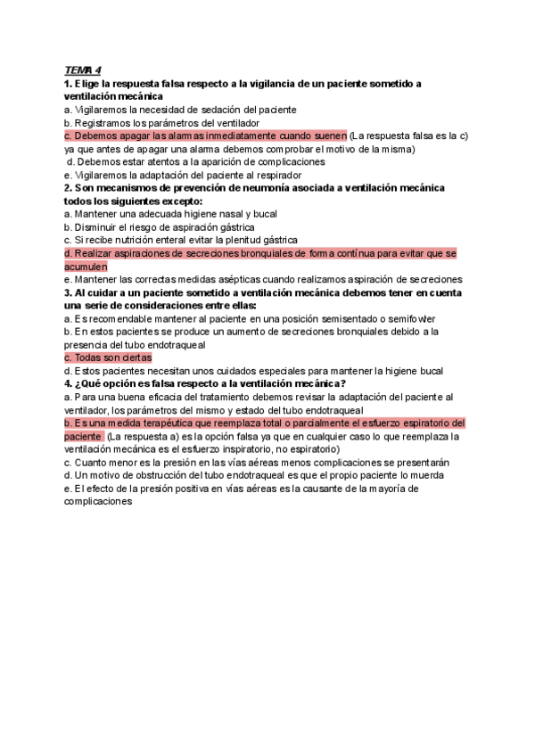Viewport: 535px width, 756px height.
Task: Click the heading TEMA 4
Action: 83,70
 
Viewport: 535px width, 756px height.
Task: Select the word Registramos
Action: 103,122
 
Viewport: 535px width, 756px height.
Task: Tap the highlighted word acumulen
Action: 86,266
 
